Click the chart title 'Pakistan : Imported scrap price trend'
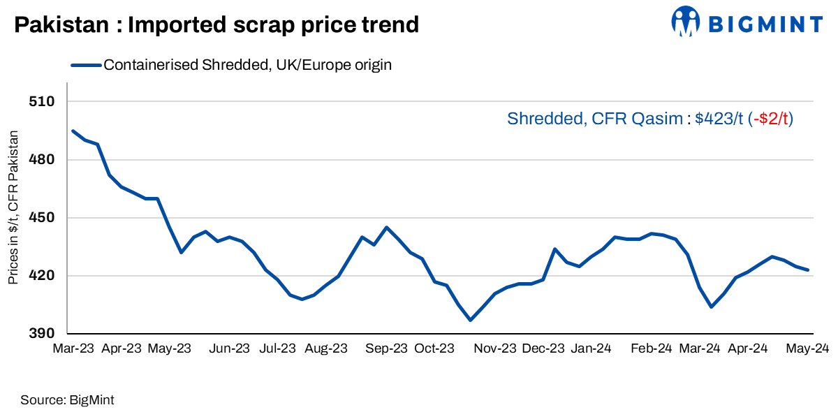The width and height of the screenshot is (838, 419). (216, 25)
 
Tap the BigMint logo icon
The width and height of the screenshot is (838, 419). (686, 22)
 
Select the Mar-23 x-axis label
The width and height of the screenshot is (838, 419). (74, 348)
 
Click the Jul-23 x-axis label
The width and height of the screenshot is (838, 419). (278, 348)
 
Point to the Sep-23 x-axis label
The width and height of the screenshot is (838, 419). (386, 348)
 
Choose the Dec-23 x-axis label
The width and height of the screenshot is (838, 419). (543, 348)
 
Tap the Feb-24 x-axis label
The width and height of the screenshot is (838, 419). (651, 348)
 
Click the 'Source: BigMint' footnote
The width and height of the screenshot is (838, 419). (67, 400)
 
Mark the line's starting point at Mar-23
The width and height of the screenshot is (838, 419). (73, 131)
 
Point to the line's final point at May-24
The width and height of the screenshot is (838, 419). (808, 270)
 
